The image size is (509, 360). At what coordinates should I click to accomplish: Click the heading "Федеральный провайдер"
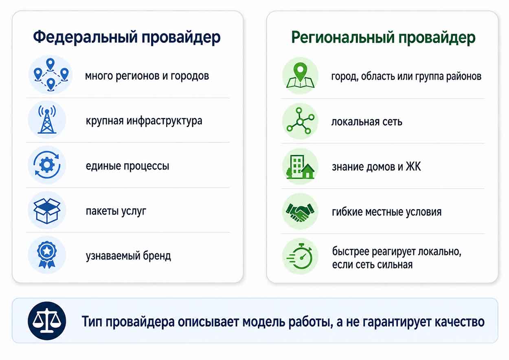click(x=127, y=37)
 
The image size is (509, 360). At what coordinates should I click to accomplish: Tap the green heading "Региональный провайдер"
click(x=383, y=38)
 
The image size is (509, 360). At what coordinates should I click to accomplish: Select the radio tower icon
click(x=47, y=120)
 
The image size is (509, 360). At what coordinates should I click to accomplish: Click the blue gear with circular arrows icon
click(x=47, y=165)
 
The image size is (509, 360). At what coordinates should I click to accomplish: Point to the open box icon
click(x=47, y=211)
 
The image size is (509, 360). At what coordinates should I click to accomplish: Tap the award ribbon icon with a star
click(x=47, y=255)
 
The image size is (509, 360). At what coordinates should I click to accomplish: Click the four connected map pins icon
click(x=50, y=75)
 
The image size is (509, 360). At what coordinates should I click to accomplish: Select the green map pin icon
click(x=300, y=75)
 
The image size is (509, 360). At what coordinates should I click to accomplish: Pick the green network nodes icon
click(x=300, y=121)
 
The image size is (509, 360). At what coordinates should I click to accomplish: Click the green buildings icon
click(x=300, y=167)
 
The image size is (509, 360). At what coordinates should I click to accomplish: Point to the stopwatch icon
click(x=300, y=256)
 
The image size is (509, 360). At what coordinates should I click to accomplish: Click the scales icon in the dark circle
click(x=47, y=321)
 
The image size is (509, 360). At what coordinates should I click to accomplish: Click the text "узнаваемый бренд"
click(x=128, y=256)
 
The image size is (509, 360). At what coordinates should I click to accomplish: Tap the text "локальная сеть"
click(x=367, y=122)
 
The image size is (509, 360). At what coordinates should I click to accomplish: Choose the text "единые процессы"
click(x=127, y=166)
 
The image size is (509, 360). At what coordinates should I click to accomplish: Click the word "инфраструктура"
click(x=164, y=121)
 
